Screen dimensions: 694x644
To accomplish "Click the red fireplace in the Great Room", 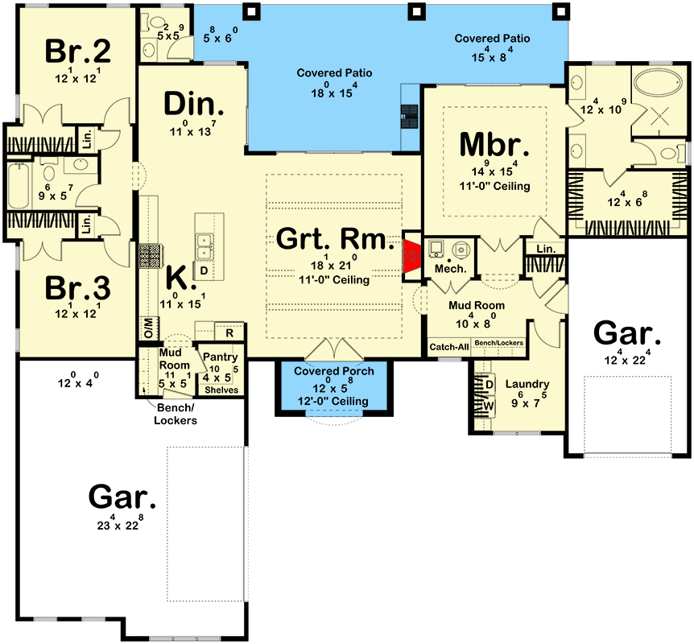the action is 411,256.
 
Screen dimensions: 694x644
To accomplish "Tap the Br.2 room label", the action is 78,51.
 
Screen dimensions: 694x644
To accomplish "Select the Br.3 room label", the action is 77,288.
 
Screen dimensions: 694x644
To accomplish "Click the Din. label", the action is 194,104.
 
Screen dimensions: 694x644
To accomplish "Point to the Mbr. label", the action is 494,144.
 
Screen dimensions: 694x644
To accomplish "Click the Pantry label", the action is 220,357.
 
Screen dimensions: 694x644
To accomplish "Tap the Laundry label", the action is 527,384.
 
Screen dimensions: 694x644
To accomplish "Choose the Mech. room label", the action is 451,269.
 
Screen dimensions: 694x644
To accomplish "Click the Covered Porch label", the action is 334,371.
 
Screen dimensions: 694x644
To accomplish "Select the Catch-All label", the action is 448,347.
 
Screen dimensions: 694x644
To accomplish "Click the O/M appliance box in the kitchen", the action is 148,328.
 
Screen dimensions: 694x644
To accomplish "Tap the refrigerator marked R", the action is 229,332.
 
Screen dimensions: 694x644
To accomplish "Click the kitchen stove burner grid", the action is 150,257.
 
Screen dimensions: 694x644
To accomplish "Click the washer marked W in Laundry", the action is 488,406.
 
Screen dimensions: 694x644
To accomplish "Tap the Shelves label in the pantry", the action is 221,390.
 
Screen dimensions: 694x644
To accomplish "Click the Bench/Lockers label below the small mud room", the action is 176,414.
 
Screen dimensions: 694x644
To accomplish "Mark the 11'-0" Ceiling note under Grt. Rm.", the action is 334,279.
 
